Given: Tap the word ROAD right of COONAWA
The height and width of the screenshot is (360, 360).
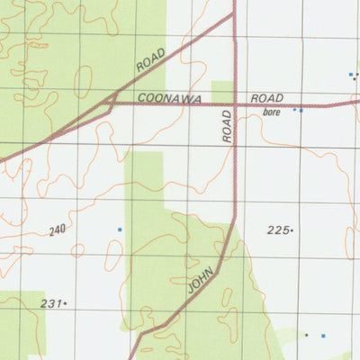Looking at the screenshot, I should [x=267, y=97].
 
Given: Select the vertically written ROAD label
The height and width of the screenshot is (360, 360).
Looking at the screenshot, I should [x=226, y=125].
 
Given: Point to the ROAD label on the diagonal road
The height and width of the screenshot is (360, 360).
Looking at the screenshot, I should [x=152, y=60].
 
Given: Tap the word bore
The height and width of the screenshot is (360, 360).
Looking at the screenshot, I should [x=273, y=112].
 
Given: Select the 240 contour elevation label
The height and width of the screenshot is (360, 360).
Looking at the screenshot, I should [x=58, y=231].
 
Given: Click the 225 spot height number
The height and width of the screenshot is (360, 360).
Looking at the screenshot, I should [x=277, y=230].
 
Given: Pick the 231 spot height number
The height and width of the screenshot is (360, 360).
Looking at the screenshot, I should [x=50, y=304].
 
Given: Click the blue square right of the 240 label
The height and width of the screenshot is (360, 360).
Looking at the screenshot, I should [x=119, y=230].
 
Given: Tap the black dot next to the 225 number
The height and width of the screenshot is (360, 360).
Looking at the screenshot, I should [x=292, y=231].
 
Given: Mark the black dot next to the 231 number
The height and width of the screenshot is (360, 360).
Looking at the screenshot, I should [x=66, y=305].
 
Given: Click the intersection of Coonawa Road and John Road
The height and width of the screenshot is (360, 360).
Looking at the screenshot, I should [x=235, y=103].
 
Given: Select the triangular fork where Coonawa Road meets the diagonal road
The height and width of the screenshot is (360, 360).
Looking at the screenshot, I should [x=110, y=103].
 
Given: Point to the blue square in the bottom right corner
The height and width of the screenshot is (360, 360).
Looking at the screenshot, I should [x=323, y=336].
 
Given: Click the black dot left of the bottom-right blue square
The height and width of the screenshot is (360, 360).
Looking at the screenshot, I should [x=306, y=335].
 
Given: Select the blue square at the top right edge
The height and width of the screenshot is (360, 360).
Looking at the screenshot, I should [x=350, y=75].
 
